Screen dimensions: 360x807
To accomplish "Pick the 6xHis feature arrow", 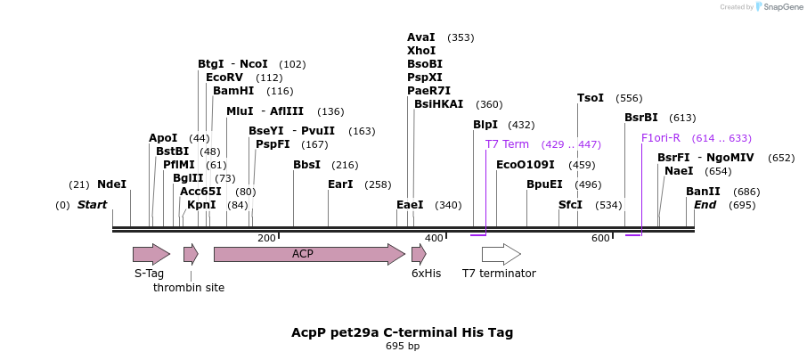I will (x=419, y=254).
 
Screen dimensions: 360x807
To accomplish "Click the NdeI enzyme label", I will (x=111, y=184).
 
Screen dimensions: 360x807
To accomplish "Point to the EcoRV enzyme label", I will (x=224, y=78).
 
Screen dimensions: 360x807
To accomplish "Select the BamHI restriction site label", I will (x=233, y=91).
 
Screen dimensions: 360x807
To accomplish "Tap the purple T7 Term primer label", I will (x=507, y=144).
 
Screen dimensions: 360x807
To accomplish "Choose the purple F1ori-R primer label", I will (x=660, y=138).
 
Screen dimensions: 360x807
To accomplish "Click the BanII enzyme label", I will (x=703, y=192).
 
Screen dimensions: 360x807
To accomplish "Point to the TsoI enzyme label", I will (x=591, y=98).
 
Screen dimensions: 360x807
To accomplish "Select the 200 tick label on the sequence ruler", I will (x=266, y=238).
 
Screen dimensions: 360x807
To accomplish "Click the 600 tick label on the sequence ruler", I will (x=600, y=238).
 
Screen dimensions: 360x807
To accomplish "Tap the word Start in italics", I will (x=92, y=205).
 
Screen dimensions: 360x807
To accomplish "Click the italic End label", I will (x=705, y=205).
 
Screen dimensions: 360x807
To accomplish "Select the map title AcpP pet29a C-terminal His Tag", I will (x=402, y=332).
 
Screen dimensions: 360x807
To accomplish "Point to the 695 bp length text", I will (x=402, y=346).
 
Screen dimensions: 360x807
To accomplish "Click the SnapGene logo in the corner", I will (x=779, y=7).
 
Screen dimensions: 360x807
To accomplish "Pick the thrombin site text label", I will (x=189, y=288).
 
